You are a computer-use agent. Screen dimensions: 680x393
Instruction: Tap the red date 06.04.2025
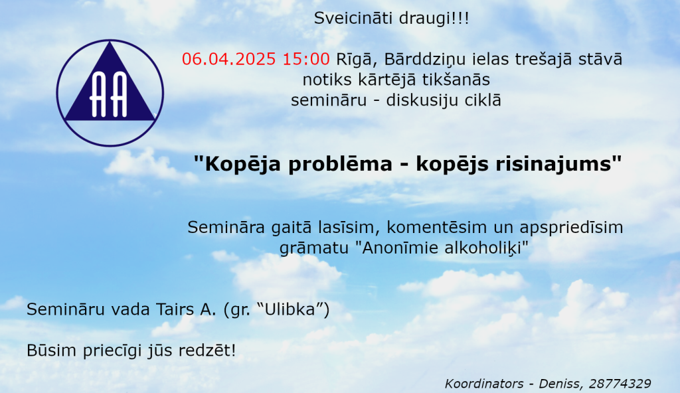(x=229, y=59)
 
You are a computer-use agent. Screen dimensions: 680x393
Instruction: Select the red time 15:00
(x=306, y=59)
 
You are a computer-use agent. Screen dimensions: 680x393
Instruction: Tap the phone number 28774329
(x=620, y=384)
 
